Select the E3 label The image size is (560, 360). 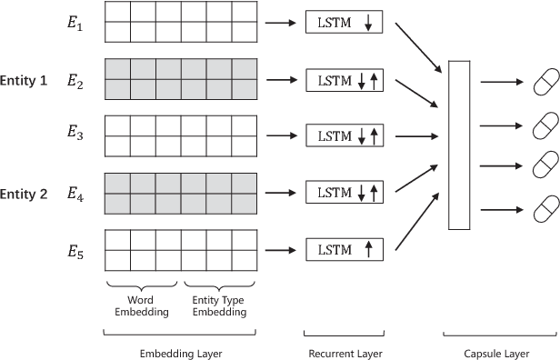tap(75, 136)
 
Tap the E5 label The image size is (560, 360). tap(75, 248)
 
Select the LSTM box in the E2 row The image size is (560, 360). tap(344, 81)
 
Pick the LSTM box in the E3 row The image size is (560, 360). tap(344, 136)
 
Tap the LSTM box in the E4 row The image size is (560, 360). tap(344, 193)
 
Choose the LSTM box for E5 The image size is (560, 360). tap(344, 248)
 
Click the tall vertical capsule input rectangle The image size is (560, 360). tap(459, 145)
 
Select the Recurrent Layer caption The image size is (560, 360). tap(344, 353)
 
